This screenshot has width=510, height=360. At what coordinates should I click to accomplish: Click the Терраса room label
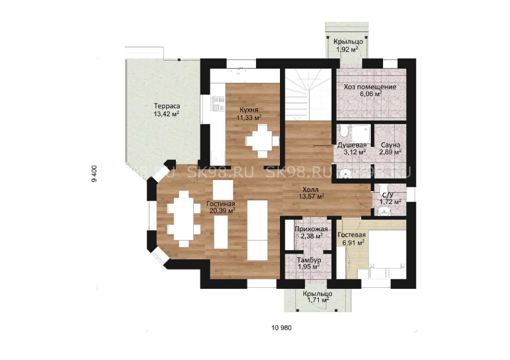pos(167,110)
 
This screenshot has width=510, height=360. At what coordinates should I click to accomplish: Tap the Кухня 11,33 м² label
pos(249,114)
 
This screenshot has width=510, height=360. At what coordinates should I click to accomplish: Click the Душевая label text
pos(352,145)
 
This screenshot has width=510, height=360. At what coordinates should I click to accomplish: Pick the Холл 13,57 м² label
pos(311,193)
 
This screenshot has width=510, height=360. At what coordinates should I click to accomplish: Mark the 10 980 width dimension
pos(282,328)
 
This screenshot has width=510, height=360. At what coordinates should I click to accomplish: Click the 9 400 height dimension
pos(95,174)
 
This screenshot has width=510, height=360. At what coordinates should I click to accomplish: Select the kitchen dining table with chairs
pos(262,141)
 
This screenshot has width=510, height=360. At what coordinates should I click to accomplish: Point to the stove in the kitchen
pos(218,104)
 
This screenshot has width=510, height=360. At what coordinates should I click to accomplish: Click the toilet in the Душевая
pos(344,131)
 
